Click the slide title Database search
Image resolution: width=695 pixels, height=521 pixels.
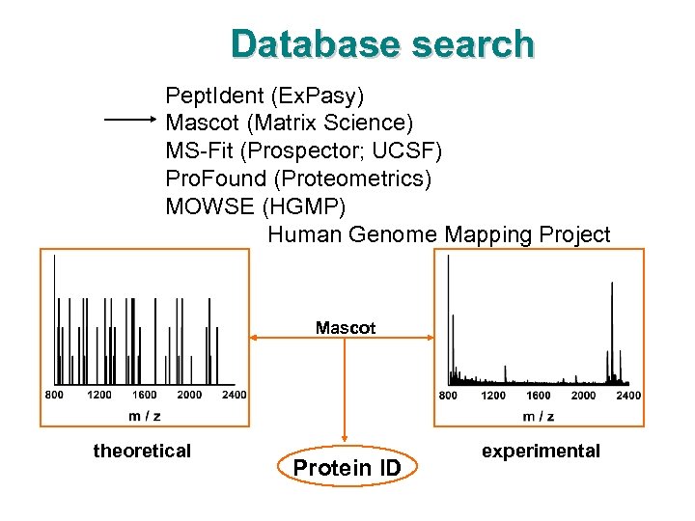pos(382,44)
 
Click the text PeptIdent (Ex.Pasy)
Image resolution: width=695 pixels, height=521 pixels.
pos(264,96)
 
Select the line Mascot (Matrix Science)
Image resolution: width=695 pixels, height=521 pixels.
pos(289,123)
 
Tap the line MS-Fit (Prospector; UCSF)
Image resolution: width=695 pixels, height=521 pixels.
pos(303,151)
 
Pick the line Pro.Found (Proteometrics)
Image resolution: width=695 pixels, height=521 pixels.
pos(298,178)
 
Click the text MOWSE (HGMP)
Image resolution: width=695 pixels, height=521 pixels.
pos(255,206)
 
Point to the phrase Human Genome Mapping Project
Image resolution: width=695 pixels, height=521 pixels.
pos(438,234)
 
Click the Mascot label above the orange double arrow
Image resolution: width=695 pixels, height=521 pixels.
pos(346,328)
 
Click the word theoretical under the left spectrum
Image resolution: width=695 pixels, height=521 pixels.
pos(142,451)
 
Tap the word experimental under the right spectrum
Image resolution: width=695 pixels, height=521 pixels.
pos(541,451)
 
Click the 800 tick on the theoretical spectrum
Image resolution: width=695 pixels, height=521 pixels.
pos(54,394)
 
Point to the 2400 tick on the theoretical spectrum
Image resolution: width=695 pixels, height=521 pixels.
pos(234,394)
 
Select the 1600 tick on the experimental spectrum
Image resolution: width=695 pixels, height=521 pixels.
pos(538,395)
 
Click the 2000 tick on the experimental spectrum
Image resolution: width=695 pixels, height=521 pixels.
pos(583,395)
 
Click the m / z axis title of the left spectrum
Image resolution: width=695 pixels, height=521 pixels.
pos(145,415)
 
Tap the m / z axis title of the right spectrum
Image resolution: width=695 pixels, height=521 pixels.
pos(540,416)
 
